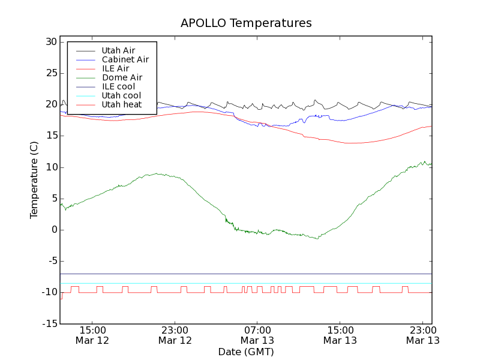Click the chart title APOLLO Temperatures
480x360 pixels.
[x=246, y=23]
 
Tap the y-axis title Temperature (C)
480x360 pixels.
[x=34, y=180]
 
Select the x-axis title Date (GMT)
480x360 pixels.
[x=246, y=352]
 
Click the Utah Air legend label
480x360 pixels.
[x=118, y=50]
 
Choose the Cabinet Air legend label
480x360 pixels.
[x=125, y=59]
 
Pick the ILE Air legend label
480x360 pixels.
[x=115, y=68]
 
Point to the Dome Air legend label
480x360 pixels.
[x=122, y=77]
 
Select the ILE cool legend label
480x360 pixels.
[x=118, y=86]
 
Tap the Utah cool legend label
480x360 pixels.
[x=121, y=95]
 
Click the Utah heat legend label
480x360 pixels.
[x=121, y=104]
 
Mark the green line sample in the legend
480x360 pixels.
[x=85, y=77]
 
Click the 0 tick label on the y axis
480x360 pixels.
[x=53, y=230]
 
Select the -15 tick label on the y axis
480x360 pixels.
[x=49, y=324]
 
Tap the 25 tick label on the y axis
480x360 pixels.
[x=50, y=73]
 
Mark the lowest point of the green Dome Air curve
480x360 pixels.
[x=317, y=239]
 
